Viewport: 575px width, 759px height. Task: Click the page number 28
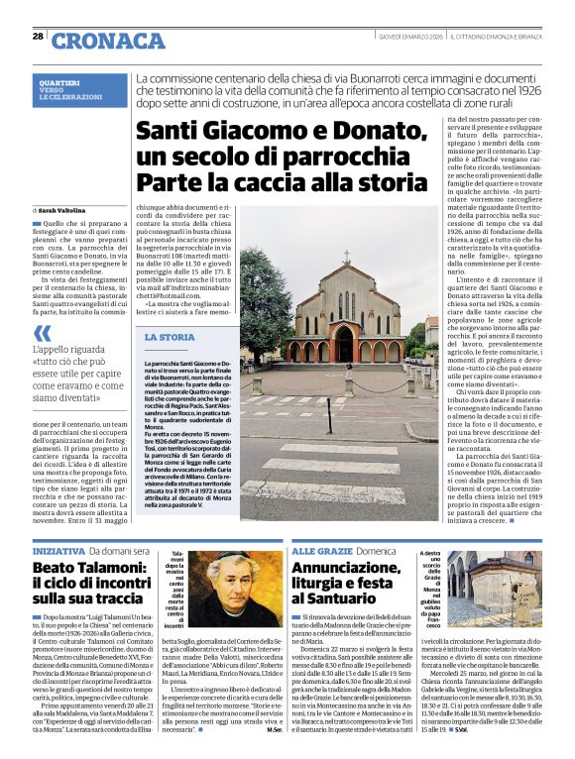[38, 36]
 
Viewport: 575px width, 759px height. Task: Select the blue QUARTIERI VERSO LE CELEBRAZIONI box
[80, 90]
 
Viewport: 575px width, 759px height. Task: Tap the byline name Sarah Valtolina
[65, 210]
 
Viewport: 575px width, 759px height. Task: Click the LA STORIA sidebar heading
[170, 337]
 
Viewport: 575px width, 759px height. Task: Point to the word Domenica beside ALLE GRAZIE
[377, 549]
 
